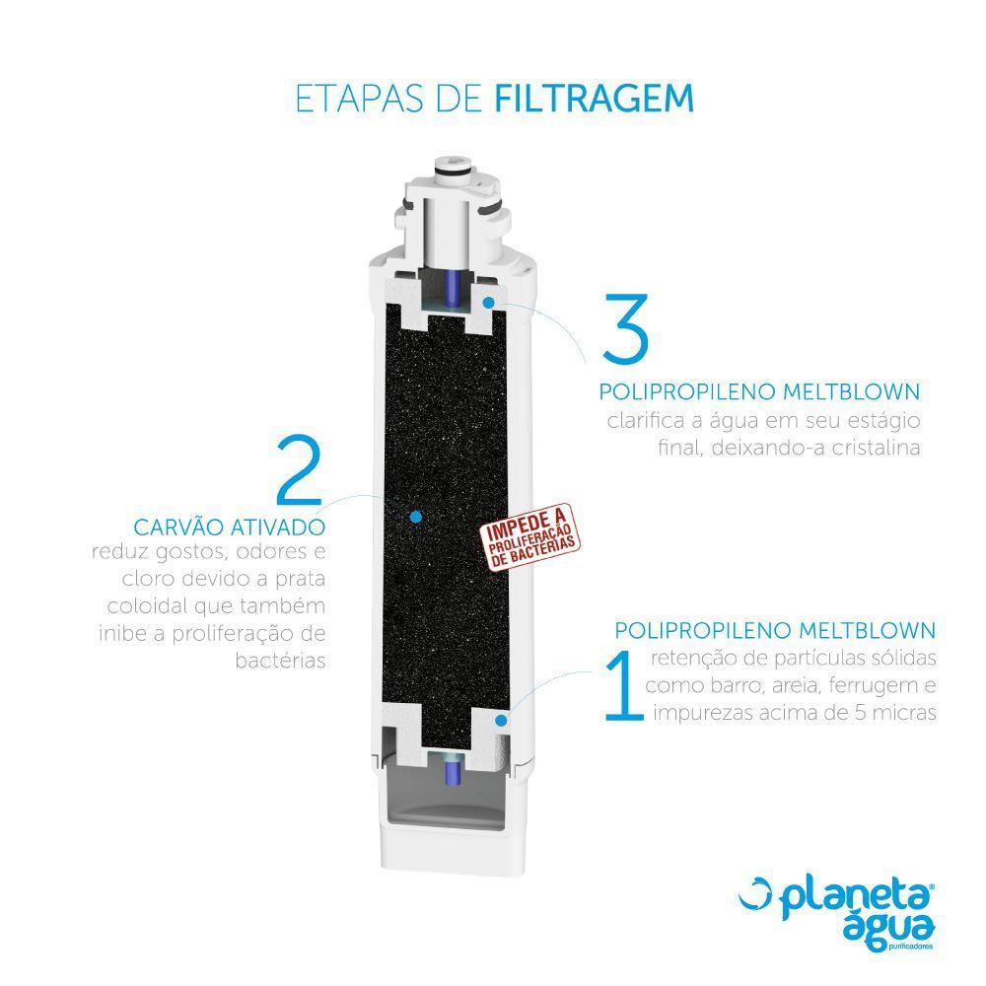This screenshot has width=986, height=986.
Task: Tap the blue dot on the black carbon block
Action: (415, 516)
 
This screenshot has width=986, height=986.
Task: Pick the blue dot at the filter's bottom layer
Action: (502, 721)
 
